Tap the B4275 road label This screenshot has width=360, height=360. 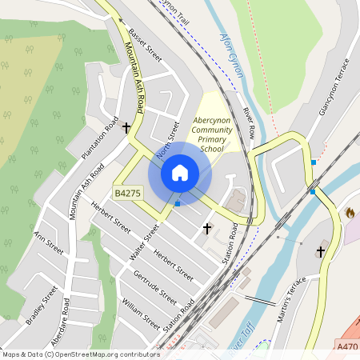128,194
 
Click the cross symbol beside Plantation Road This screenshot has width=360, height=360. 126,127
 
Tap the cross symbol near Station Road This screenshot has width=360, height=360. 207,228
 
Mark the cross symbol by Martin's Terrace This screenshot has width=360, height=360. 321,251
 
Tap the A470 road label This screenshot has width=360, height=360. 347,346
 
